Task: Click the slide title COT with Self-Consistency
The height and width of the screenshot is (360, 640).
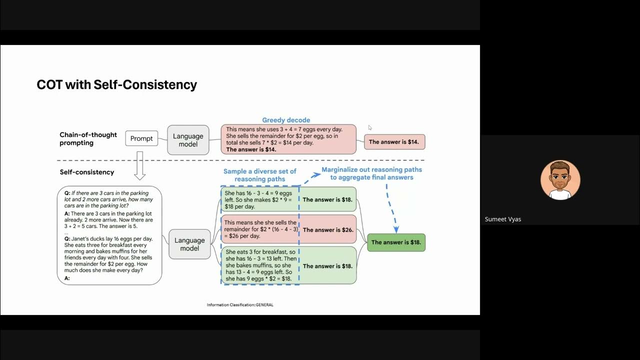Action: pos(116,84)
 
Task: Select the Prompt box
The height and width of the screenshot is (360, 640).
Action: pos(141,138)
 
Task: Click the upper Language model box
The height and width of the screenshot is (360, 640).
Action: pos(188,140)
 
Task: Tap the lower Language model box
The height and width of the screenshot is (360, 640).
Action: pos(189,244)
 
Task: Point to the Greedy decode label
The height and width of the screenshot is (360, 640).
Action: pos(286,120)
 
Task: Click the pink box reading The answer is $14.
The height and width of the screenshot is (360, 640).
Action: pos(394,142)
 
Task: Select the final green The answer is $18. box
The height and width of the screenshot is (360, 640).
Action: pos(396,242)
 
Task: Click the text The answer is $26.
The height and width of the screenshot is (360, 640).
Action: pos(328,230)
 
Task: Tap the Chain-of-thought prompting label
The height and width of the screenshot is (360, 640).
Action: pos(88,138)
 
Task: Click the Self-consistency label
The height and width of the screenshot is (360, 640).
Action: pos(87,172)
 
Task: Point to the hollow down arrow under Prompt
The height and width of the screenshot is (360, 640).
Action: pos(140,165)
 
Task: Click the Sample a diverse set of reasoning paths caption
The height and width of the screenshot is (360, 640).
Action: pos(259,175)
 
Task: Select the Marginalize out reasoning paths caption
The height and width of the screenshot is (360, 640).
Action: pos(371,173)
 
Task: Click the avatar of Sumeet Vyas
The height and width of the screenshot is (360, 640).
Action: pos(560,180)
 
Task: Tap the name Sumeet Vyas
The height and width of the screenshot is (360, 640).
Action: pos(503,219)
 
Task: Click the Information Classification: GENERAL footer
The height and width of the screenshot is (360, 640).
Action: pos(240,304)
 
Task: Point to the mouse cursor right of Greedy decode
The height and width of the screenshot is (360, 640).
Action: pos(370,127)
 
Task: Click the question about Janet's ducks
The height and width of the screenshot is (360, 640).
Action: pos(109,254)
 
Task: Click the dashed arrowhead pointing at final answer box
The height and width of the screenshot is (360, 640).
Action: pos(396,229)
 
